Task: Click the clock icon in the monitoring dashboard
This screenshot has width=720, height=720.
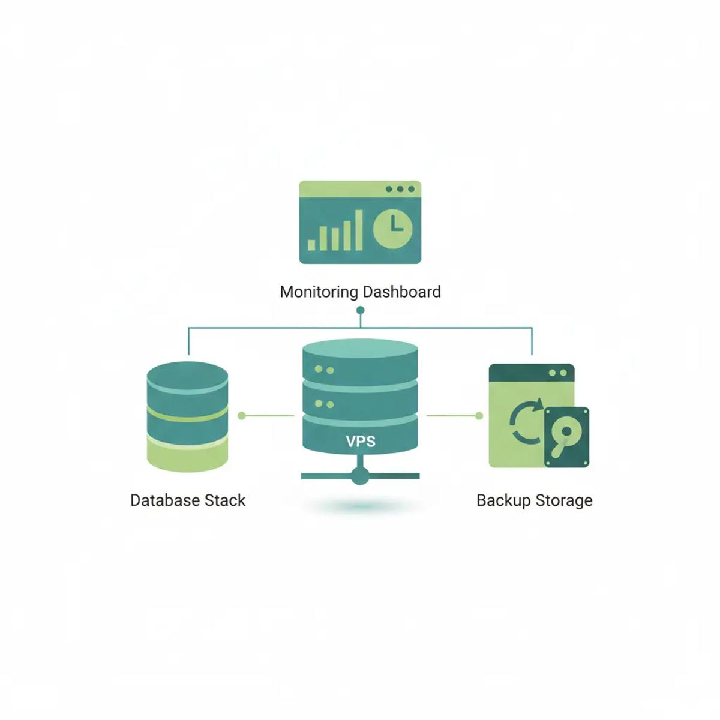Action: click(x=393, y=229)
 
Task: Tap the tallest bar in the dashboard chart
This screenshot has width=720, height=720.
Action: click(x=359, y=230)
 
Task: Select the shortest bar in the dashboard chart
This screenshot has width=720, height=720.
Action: click(x=311, y=244)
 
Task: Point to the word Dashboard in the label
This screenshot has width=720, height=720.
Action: click(x=401, y=292)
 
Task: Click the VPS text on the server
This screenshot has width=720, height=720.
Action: click(x=360, y=442)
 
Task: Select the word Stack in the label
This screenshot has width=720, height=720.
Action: click(x=225, y=500)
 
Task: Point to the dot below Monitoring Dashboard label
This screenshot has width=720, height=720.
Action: click(x=360, y=310)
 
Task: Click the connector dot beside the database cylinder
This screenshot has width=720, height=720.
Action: click(x=242, y=415)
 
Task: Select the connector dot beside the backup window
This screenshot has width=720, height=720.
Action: click(x=479, y=415)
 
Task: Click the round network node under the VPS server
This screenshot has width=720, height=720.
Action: click(x=360, y=476)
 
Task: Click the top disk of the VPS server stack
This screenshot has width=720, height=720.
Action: click(x=360, y=360)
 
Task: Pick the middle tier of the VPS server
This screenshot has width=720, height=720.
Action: click(x=360, y=397)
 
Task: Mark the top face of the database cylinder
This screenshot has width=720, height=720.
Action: click(x=187, y=375)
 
